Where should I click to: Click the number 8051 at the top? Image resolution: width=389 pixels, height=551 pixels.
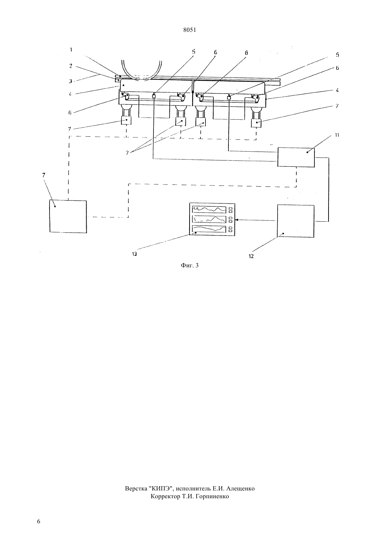190,30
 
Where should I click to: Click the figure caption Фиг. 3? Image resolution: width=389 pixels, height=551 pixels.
190,266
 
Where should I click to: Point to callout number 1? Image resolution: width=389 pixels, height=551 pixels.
71,50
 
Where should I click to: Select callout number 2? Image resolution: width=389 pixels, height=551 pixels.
71,66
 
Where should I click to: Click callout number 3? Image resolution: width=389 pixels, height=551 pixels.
70,81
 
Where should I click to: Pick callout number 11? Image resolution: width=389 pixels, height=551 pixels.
337,135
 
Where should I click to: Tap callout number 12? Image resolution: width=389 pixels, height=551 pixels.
251,256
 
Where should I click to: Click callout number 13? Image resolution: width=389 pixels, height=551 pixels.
134,254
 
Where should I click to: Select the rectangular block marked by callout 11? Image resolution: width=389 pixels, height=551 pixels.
296,157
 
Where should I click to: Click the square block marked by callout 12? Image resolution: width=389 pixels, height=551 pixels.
296,221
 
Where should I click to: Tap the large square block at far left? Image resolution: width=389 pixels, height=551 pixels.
68,216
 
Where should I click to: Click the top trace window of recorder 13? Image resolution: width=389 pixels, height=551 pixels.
209,210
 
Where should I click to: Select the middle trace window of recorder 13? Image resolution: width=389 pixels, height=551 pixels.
209,219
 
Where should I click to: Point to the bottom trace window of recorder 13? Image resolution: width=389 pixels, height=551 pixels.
209,229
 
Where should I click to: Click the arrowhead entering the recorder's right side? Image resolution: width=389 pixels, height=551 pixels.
237,220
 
